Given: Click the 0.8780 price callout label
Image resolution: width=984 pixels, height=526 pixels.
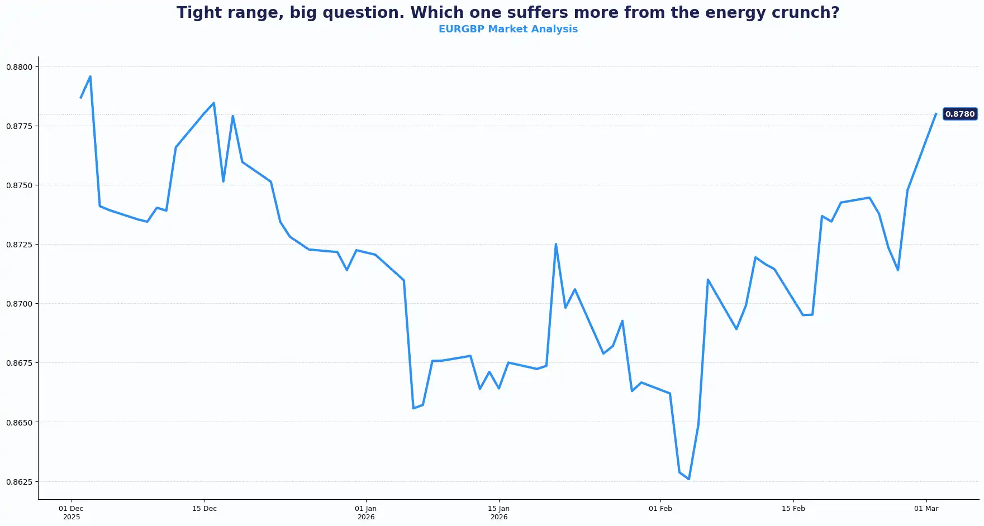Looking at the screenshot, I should (959, 114).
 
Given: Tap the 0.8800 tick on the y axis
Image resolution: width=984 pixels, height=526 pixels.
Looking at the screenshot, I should (20, 67).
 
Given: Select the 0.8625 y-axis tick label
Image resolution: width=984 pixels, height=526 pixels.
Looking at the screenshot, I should (20, 481).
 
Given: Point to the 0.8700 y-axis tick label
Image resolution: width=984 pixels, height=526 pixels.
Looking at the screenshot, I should (20, 304).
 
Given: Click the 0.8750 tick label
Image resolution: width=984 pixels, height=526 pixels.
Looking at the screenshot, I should (20, 185).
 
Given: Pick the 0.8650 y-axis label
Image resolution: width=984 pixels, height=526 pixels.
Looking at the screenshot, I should (20, 422).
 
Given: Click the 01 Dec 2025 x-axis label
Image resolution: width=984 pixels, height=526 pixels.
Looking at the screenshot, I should (71, 513).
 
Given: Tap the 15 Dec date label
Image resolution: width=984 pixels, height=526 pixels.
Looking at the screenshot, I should (205, 509).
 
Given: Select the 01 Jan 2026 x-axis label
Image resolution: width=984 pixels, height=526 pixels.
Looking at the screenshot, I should (366, 513).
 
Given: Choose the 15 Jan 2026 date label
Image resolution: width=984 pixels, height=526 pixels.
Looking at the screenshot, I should (499, 513).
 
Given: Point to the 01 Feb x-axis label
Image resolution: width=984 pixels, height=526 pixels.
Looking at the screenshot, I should (660, 509).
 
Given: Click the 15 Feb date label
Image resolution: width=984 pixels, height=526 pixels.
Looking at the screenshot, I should (793, 509).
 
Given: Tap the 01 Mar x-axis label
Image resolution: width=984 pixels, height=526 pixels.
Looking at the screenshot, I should (926, 509).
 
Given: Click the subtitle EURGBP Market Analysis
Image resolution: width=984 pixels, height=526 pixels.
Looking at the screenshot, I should (508, 29).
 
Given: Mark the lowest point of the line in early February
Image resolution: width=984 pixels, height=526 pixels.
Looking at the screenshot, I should (689, 479).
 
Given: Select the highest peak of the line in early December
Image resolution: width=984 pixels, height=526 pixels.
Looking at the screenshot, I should (91, 76).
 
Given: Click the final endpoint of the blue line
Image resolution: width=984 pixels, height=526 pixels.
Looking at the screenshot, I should (936, 114).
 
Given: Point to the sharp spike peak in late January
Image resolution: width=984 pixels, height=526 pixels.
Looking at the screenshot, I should (556, 244).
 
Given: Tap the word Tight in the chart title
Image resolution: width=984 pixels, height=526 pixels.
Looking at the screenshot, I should (199, 12).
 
